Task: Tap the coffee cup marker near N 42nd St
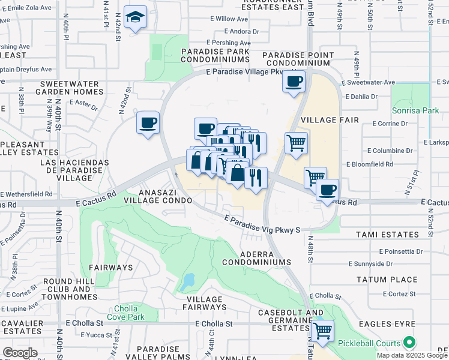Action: (148, 123)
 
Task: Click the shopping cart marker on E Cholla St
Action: (323, 331)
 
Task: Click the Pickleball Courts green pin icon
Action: (410, 343)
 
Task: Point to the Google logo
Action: (20, 353)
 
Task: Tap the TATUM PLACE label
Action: (387, 280)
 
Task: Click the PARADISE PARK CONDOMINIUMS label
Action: (219, 56)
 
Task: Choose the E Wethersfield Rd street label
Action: (26, 194)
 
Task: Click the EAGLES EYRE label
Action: (387, 324)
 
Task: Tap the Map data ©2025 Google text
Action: (412, 355)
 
